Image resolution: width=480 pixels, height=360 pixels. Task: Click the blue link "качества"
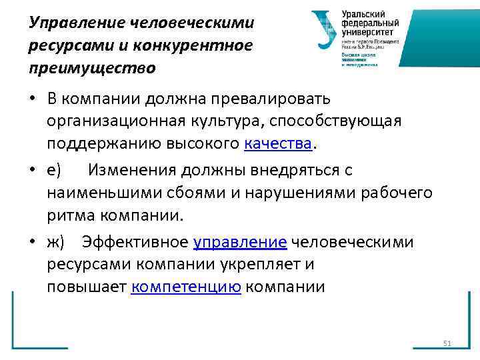[x=278, y=143]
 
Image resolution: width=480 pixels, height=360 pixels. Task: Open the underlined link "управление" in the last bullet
[x=240, y=242]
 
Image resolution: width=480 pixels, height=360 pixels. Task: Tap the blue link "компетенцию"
[x=186, y=287]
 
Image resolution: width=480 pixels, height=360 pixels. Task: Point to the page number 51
[x=447, y=343]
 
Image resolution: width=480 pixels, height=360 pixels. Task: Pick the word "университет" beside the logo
[x=367, y=31]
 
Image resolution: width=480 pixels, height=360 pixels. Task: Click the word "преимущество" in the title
[x=92, y=67]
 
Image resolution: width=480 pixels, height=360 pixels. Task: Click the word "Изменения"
[x=134, y=171]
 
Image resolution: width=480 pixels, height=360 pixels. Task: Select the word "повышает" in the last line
[x=87, y=287]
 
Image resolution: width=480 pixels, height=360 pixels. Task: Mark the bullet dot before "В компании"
[x=32, y=99]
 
